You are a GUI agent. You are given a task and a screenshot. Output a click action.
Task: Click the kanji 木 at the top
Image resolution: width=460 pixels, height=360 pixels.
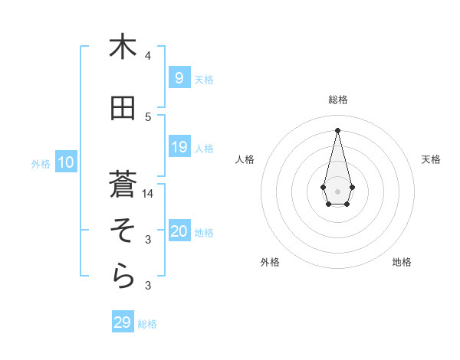tap(122, 47)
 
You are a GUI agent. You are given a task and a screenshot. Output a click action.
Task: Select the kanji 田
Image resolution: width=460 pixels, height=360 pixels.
tap(122, 109)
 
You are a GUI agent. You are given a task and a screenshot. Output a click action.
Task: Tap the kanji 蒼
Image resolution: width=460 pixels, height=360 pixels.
tap(122, 184)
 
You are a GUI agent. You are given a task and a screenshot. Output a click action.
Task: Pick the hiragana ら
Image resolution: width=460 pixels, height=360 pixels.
tap(122, 277)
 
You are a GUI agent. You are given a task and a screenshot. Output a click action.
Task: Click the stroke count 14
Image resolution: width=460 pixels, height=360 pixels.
tap(149, 194)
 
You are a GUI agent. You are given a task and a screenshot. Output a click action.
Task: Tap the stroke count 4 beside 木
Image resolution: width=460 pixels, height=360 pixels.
tap(148, 56)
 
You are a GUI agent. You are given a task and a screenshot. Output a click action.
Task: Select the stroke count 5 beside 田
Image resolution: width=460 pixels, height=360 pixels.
tap(148, 117)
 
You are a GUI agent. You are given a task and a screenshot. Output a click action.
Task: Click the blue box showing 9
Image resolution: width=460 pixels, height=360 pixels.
tap(179, 77)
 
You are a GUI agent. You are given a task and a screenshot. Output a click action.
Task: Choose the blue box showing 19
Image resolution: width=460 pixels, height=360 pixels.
tap(179, 146)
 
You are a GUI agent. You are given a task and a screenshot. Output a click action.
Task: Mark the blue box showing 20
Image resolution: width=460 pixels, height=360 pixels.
tap(179, 231)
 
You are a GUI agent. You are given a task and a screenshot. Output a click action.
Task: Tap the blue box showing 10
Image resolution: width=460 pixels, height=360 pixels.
tap(65, 162)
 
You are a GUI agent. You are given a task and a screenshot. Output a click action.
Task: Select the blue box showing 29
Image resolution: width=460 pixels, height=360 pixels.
tap(122, 322)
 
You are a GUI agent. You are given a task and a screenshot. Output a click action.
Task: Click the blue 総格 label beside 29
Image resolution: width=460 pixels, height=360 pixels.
tap(147, 324)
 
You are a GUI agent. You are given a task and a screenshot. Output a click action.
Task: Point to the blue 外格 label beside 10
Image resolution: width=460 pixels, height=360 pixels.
tap(41, 163)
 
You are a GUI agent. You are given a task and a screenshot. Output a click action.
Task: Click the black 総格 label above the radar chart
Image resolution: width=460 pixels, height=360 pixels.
tap(337, 100)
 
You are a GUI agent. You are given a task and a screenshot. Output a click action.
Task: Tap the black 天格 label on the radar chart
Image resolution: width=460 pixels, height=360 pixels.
tap(431, 159)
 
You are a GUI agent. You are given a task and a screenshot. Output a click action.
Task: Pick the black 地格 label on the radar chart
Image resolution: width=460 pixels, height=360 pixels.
tap(402, 262)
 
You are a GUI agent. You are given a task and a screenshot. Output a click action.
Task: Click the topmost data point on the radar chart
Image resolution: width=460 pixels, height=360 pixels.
tap(337, 129)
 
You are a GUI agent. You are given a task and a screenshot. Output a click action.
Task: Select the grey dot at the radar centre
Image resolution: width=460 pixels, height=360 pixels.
tap(337, 191)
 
